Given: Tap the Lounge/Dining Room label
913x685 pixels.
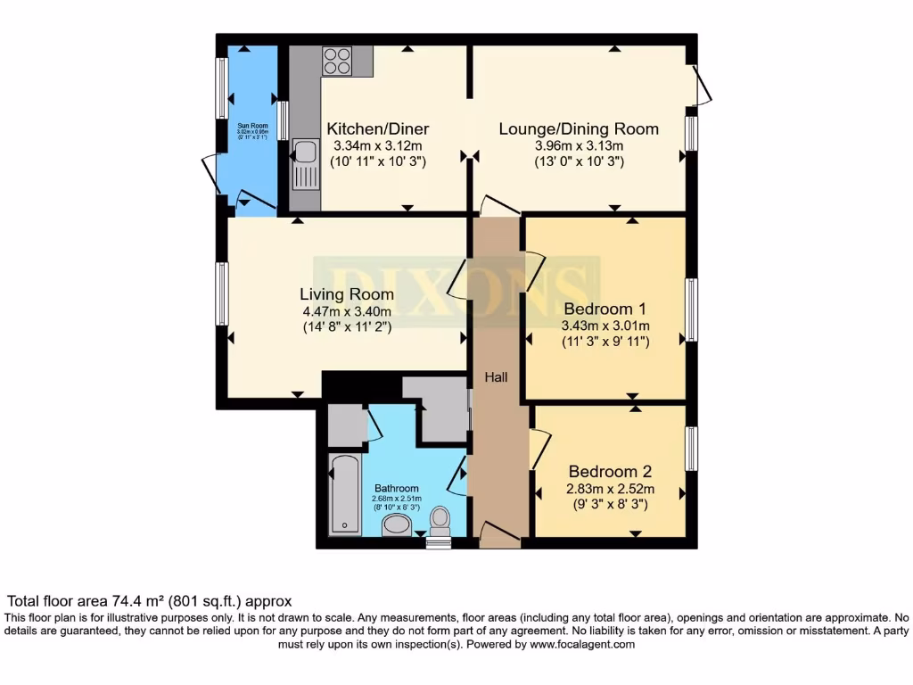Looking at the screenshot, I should pos(578,128).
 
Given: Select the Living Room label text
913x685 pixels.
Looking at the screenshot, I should pos(346,293).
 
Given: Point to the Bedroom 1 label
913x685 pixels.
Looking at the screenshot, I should pos(605,308).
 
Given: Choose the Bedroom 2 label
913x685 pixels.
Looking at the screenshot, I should pos(605,472).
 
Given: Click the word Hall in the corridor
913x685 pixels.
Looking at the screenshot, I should pos(496,377).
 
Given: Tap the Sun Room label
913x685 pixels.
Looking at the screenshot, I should pos(252,126).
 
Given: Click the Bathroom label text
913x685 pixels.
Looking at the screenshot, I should pos(396,488).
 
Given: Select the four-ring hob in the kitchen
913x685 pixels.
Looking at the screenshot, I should pos(336,62).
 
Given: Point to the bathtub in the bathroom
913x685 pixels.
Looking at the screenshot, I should pos(343,493).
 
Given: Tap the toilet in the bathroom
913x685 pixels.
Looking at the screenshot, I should pos(440,520).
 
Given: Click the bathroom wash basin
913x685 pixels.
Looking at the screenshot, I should pos(397,528).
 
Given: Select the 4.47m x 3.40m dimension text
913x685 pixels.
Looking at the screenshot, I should pos(346,311).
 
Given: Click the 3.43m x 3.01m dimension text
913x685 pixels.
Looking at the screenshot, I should pos(605,326).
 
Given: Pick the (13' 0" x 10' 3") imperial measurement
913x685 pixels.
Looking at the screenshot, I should pos(578,162).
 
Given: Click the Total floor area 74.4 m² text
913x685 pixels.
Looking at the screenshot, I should pos(149,601).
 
